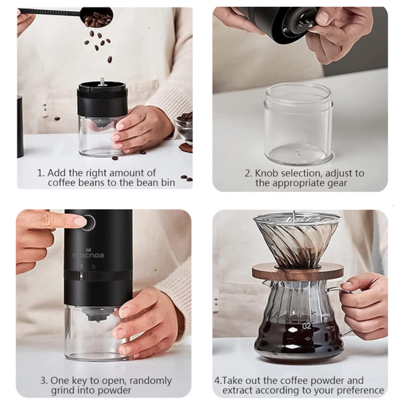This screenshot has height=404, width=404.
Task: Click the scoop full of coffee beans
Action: click(x=97, y=17)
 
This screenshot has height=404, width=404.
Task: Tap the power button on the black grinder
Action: click(x=88, y=222)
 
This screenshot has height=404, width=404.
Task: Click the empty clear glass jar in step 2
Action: click(x=299, y=124)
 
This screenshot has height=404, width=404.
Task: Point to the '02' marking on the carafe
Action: click(x=307, y=326)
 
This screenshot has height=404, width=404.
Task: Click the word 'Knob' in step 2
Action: click(x=267, y=173)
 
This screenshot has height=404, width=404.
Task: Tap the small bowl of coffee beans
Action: click(x=185, y=128)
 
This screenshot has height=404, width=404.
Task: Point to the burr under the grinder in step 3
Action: click(x=98, y=314)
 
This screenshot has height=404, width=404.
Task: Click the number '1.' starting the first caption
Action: click(x=41, y=173)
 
